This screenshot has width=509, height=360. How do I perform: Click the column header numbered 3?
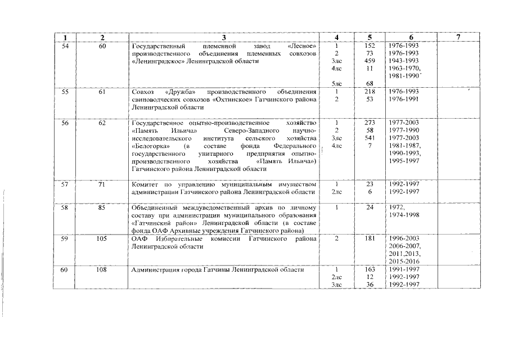223,37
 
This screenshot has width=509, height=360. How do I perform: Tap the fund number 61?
102,91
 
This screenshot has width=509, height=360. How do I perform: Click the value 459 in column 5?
370,60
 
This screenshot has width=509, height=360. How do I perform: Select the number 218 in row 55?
370,91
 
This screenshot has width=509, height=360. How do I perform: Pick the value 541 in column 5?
370,138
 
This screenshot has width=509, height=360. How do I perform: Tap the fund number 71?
102,184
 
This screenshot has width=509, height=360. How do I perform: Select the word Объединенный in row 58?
156,207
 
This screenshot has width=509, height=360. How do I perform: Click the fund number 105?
102,238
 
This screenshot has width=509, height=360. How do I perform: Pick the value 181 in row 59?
370,238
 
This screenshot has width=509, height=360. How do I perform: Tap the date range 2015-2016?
404,262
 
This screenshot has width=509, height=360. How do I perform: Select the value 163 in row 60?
370,269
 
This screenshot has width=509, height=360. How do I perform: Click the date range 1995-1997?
404,161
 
